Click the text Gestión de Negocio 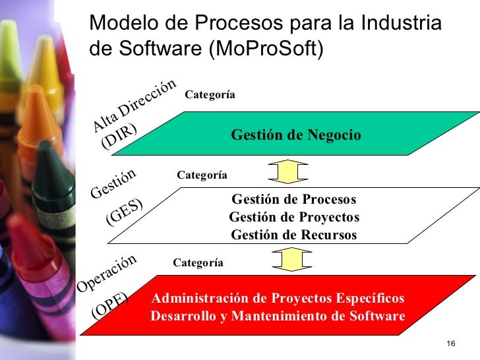(x=296, y=135)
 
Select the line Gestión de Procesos (x=294, y=199)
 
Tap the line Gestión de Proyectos (x=294, y=217)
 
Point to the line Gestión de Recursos (x=294, y=235)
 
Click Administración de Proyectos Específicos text (x=278, y=298)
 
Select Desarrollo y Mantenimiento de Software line (x=278, y=316)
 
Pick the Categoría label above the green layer (x=210, y=95)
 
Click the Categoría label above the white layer (x=202, y=175)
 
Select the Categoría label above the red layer (x=198, y=262)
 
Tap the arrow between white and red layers (x=287, y=258)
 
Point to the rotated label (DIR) (x=119, y=137)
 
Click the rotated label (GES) (x=125, y=212)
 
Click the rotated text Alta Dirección (x=135, y=105)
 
